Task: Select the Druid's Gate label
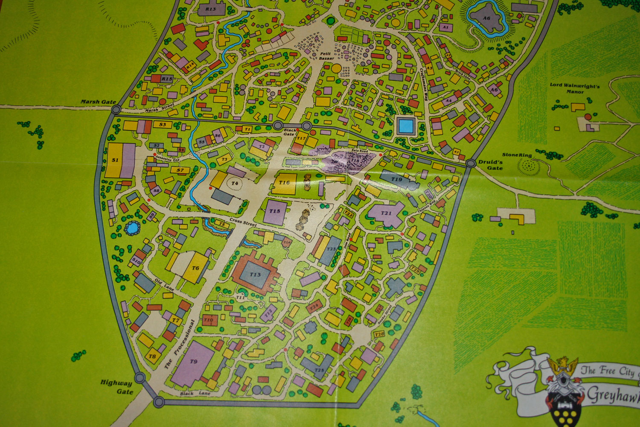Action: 490,165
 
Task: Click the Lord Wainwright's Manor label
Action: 574,88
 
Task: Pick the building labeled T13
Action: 255,275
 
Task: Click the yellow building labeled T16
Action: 285,183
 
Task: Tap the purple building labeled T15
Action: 274,211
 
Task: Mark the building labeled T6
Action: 195,268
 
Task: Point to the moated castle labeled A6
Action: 486,18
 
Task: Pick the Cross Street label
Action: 243,222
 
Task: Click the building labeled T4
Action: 234,184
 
